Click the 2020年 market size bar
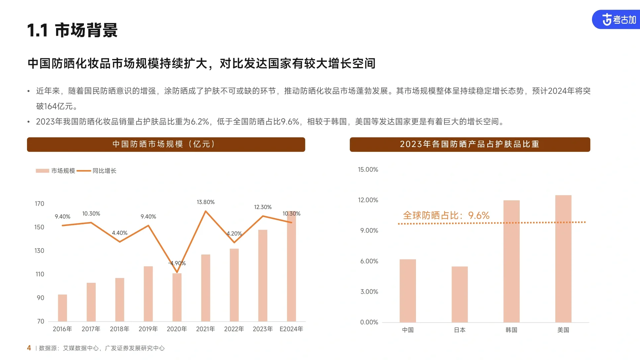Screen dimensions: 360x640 click(x=177, y=297)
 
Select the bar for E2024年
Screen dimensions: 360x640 click(x=291, y=267)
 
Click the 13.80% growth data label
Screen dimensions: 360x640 click(x=205, y=202)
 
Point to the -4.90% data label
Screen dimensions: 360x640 click(x=177, y=263)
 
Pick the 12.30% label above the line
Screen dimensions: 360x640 click(x=263, y=207)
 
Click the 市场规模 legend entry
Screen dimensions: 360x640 click(x=56, y=171)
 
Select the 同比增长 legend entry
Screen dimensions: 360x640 click(x=97, y=171)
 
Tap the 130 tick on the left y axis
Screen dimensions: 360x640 click(x=39, y=251)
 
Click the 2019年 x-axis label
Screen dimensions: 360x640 click(x=148, y=329)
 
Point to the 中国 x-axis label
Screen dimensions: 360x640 click(x=408, y=330)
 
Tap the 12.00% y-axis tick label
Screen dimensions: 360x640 click(x=368, y=200)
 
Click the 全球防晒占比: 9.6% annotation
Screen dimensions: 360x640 click(x=446, y=215)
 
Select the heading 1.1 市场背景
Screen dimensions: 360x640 click(x=72, y=30)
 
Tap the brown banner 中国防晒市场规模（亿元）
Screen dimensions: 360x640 click(x=166, y=144)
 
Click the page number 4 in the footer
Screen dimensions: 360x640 click(x=29, y=348)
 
